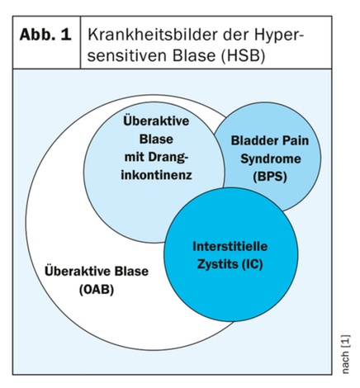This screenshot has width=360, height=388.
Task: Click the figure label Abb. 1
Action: [x=45, y=35]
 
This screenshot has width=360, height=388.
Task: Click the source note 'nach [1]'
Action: [x=345, y=354]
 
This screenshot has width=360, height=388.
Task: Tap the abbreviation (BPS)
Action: [x=270, y=177]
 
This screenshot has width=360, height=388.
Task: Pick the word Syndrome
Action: [x=271, y=159]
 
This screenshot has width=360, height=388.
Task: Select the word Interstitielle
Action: [x=230, y=246]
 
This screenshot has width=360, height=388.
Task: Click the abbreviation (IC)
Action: [x=252, y=264]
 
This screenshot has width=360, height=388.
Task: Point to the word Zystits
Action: [x=217, y=264]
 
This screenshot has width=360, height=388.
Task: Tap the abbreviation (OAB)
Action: [x=97, y=290]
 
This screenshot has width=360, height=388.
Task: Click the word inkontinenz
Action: [x=156, y=175]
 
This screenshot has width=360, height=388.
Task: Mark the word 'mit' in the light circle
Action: [x=135, y=157]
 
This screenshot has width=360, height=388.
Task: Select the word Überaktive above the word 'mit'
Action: [x=156, y=121]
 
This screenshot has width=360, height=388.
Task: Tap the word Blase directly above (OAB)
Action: [x=131, y=272]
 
